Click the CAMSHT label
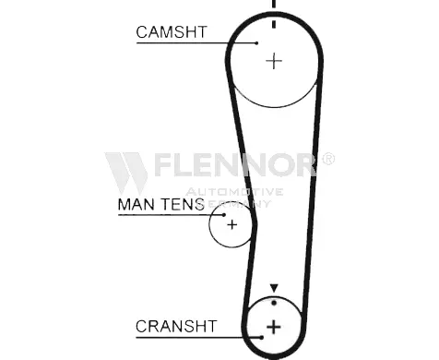[x=172, y=32]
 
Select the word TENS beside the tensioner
[x=183, y=204]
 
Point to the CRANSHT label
[x=176, y=327]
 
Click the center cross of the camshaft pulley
[x=274, y=61]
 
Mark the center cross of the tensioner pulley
[x=232, y=225]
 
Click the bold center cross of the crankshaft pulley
[x=273, y=327]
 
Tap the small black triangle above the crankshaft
[x=274, y=288]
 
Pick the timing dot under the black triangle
[x=274, y=303]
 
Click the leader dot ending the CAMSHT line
[x=256, y=43]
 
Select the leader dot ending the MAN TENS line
[x=224, y=215]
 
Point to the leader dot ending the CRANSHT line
[x=261, y=338]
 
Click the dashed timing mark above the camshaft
[x=274, y=14]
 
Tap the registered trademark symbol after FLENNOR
[x=328, y=159]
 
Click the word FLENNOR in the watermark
[x=235, y=164]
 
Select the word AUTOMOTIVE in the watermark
[x=234, y=192]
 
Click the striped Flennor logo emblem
[x=126, y=174]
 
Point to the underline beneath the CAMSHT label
[x=196, y=43]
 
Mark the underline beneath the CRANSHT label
[x=198, y=338]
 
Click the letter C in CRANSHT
[x=142, y=327]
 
